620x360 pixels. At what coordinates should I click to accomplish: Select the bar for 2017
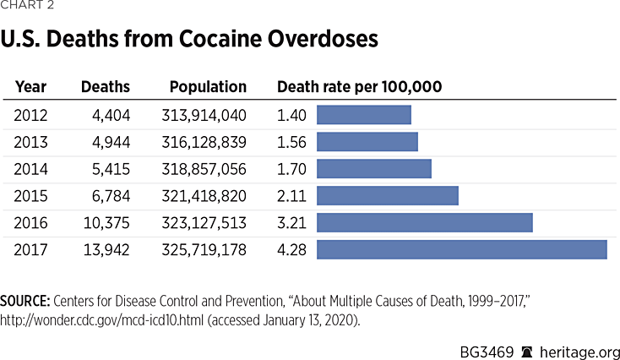[461, 250]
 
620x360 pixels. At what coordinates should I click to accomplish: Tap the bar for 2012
[363, 115]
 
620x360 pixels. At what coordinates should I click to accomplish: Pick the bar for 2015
[387, 196]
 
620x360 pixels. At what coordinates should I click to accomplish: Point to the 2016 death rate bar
[424, 223]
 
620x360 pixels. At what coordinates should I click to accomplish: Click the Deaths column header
[106, 87]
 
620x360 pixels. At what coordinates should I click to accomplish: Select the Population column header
[208, 87]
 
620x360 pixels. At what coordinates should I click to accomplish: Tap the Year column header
[31, 87]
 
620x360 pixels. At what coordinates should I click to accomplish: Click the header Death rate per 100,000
[360, 87]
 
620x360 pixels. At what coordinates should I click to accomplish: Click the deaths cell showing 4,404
[111, 115]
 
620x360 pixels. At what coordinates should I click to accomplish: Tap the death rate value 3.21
[291, 223]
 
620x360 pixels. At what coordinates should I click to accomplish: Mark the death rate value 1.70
[291, 169]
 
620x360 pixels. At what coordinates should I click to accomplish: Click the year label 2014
[31, 169]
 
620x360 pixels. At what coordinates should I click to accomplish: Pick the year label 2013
[31, 142]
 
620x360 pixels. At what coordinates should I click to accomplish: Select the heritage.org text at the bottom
[583, 349]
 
